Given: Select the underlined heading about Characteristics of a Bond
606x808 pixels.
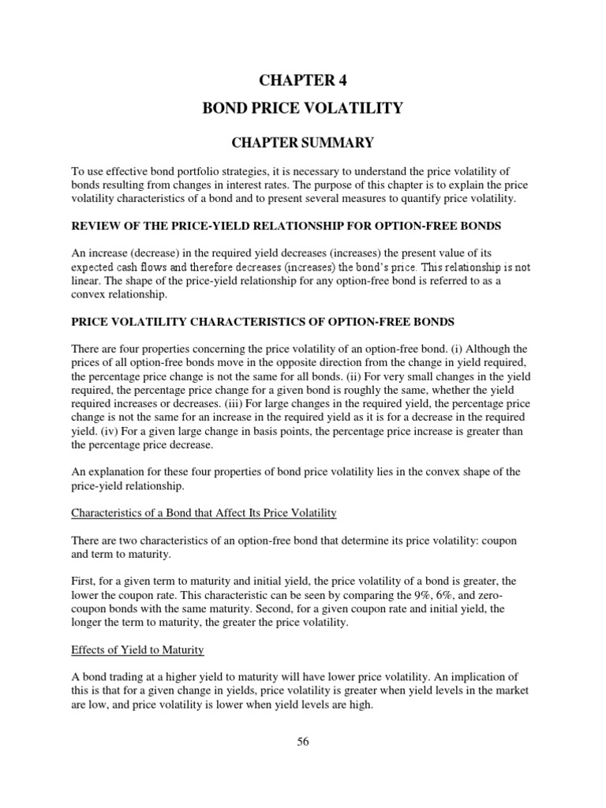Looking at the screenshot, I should click(x=204, y=513).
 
